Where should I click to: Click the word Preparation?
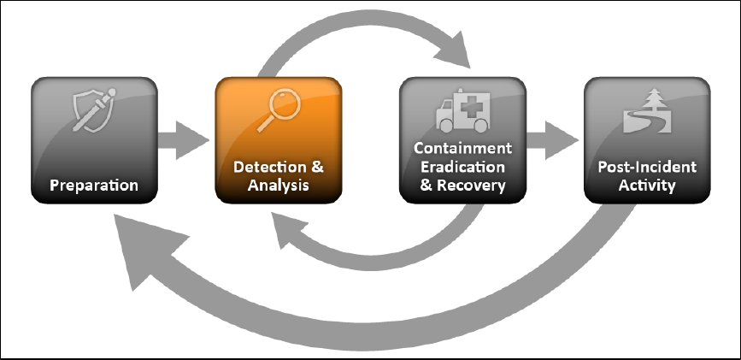click(x=94, y=185)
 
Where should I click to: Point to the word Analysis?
click(x=278, y=185)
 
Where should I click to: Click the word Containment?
click(x=462, y=149)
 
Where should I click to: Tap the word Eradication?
click(x=462, y=167)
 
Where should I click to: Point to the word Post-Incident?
click(x=647, y=166)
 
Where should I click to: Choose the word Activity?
click(x=647, y=185)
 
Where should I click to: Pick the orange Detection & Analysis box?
click(x=278, y=141)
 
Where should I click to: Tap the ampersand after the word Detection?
click(x=317, y=166)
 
